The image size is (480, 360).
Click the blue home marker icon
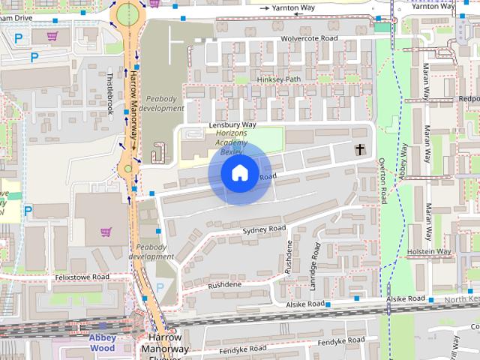click(239, 173)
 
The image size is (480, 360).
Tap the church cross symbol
click(360, 150)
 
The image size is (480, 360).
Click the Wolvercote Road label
click(309, 38)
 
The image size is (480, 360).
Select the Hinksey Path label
click(278, 79)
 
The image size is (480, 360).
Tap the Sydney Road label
click(264, 229)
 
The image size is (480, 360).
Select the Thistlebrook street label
click(109, 93)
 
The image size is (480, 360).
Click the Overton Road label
click(382, 181)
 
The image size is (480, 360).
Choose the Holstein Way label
click(429, 252)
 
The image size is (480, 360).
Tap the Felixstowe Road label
click(82, 277)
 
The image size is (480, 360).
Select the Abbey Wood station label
click(103, 343)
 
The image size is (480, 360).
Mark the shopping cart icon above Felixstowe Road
click(106, 232)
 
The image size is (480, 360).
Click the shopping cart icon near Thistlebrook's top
click(52, 35)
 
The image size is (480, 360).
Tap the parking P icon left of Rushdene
click(160, 287)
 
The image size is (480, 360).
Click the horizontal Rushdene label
click(225, 285)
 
